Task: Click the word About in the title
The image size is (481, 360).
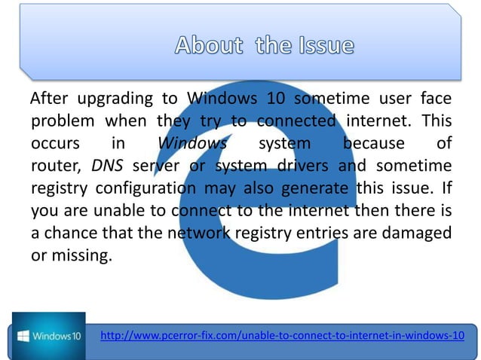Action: click(x=209, y=45)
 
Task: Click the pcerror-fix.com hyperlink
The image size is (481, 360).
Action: click(x=282, y=334)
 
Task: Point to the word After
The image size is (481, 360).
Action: click(x=51, y=99)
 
